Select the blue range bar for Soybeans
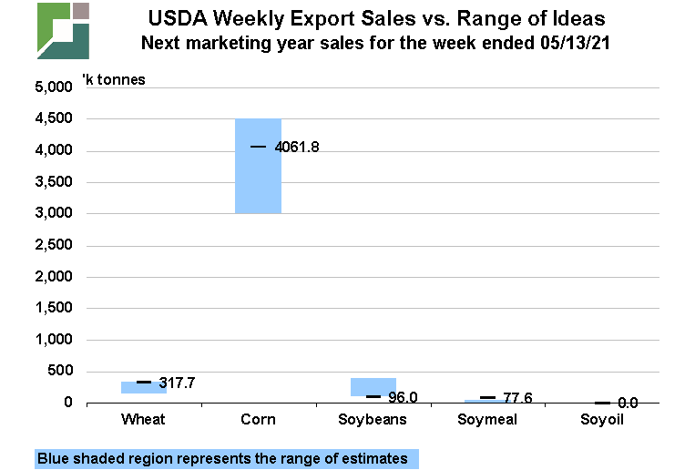[x=373, y=386]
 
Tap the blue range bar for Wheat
[x=143, y=387]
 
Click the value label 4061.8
[x=297, y=147]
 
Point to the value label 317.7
[x=177, y=383]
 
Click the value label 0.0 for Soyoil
[x=627, y=403]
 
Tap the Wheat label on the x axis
[x=143, y=420]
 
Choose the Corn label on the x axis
[x=258, y=420]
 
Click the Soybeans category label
[x=373, y=420]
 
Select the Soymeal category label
[x=488, y=420]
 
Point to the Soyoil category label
[x=603, y=420]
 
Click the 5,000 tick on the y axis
[x=53, y=88]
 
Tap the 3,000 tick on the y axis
[x=53, y=214]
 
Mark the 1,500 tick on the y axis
[x=53, y=309]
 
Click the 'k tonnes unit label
[x=113, y=79]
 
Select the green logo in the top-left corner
[x=63, y=30]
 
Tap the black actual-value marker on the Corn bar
[x=258, y=147]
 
